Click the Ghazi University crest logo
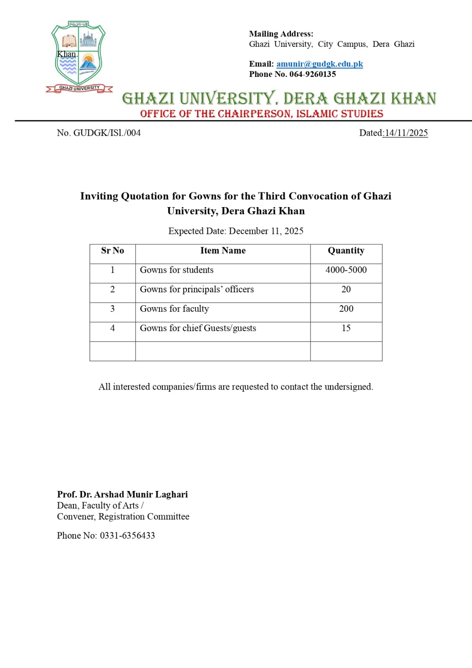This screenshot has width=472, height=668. pos(78,56)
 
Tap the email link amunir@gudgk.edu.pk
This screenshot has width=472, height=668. pos(319,64)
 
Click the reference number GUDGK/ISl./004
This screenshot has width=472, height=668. pos(107,133)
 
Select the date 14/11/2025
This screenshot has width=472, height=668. pos(406,133)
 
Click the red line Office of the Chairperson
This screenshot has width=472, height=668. pos(262,114)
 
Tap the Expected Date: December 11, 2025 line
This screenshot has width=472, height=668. pos(236,231)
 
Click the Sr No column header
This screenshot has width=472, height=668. pos(112,250)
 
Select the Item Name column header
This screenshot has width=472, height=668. pos(223,250)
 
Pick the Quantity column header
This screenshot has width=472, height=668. pos(346,250)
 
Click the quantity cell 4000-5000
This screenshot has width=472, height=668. pos(346,270)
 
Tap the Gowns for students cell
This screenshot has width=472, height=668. pos(177,270)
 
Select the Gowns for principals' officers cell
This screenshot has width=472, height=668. pos(197,289)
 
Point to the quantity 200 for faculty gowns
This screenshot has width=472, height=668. pos(346,309)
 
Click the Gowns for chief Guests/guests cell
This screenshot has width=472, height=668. pos(198,328)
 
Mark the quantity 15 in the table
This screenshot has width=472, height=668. pos(346,328)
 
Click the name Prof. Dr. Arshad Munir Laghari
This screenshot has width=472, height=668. pos(122,494)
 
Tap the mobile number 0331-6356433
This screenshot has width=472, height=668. pos(127,536)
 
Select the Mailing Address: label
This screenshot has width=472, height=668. pos(281,34)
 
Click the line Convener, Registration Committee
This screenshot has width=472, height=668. pos(123,516)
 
